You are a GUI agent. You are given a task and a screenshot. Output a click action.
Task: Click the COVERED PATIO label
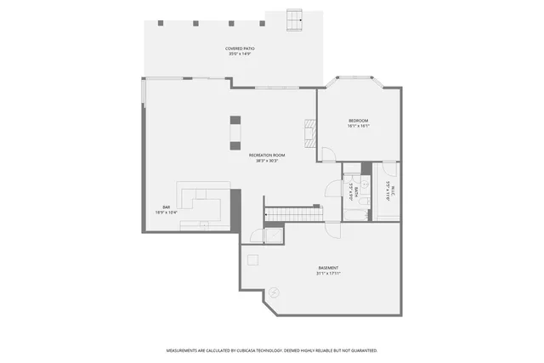[240, 49]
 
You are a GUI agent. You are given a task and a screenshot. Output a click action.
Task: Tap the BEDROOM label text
[358, 122]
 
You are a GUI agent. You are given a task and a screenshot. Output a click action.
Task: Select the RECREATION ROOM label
[267, 156]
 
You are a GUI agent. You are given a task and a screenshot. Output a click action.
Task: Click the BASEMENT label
[328, 269]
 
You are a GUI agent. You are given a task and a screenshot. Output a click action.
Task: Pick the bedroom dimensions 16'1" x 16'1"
[358, 127]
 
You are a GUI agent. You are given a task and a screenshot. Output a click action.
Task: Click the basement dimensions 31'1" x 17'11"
[328, 274]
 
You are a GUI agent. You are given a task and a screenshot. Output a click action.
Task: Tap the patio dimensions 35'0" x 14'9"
[240, 54]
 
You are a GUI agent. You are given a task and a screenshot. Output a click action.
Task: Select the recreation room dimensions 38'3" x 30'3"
[267, 161]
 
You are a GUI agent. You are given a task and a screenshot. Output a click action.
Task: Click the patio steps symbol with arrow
[295, 20]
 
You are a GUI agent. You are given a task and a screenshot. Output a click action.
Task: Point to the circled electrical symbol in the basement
[273, 292]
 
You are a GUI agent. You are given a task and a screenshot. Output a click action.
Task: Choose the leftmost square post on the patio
[159, 23]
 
